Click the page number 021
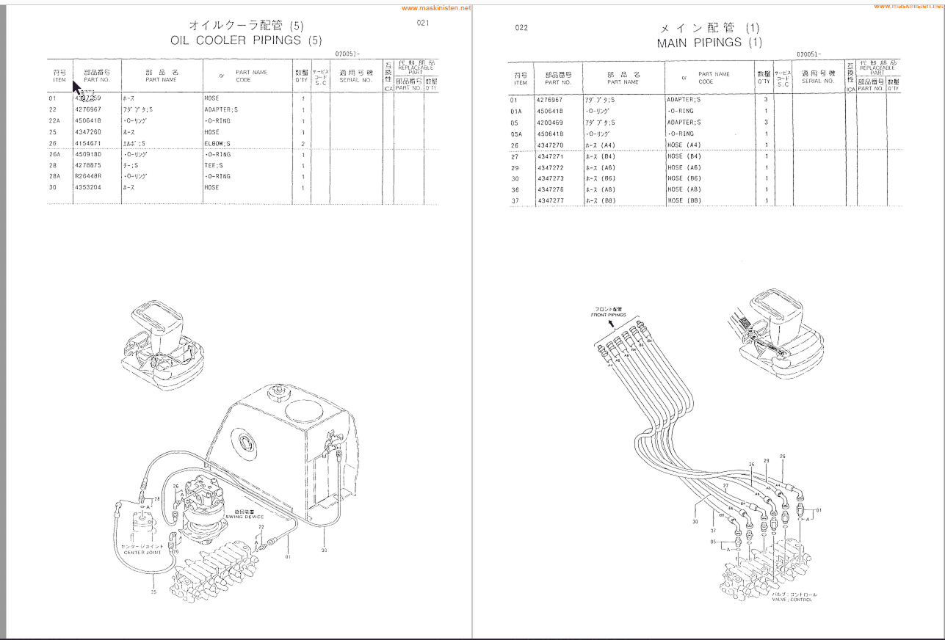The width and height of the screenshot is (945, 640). [x=422, y=23]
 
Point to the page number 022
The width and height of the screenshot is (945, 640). [x=521, y=28]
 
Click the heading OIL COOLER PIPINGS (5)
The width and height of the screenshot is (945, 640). [x=246, y=40]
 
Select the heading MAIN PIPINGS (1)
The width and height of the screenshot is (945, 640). [x=709, y=43]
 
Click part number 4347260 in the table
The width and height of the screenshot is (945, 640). [x=88, y=132]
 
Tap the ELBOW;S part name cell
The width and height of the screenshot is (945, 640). [x=218, y=143]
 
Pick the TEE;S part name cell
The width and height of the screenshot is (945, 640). [x=214, y=165]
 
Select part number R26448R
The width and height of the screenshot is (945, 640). [x=88, y=176]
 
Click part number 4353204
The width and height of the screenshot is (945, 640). [x=88, y=187]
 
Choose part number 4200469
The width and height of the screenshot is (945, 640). [x=550, y=123]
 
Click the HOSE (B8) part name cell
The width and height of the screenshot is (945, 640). [x=684, y=200]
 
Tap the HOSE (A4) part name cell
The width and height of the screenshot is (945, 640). [x=684, y=145]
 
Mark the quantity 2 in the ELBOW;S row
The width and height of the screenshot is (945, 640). [x=303, y=143]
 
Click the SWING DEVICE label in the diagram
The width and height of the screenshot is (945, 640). [x=244, y=517]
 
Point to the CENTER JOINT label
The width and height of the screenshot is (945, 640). [x=142, y=552]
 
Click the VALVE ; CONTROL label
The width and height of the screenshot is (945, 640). [x=792, y=600]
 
